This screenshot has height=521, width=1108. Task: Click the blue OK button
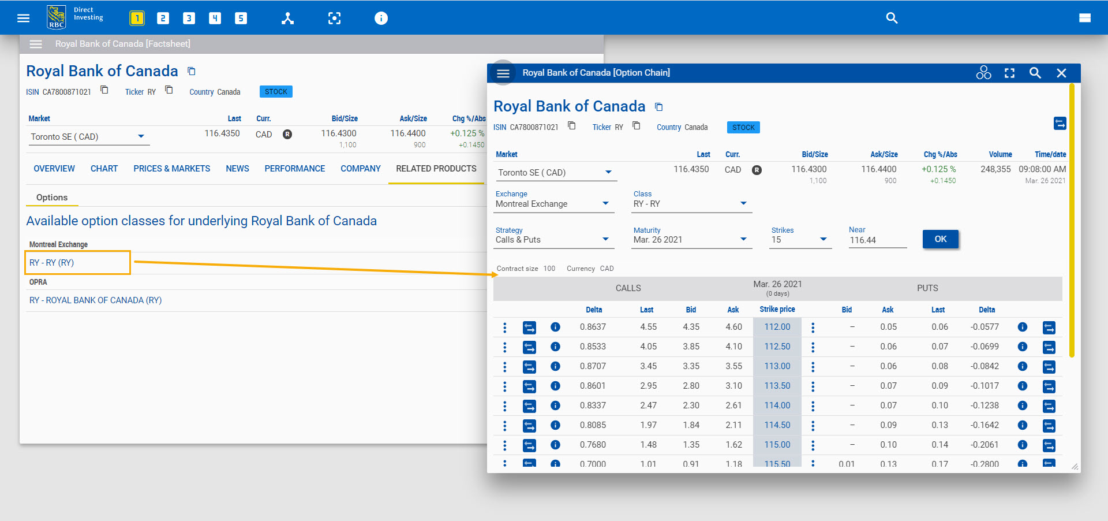pos(940,239)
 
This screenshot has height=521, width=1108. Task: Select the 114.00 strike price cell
pos(777,405)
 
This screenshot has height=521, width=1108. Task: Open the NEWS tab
pos(237,169)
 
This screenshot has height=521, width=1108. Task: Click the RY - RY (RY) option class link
pos(52,263)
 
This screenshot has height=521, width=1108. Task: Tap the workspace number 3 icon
pos(189,18)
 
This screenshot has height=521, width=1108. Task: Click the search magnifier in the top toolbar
pos(892,18)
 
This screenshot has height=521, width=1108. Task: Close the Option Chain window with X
pos(1061,73)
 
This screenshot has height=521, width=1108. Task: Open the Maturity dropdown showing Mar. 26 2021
pos(691,240)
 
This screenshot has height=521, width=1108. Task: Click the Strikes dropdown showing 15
pos(800,240)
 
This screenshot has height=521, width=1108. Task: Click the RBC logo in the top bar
pos(57,17)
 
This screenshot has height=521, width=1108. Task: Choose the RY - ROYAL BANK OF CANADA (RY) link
pos(95,300)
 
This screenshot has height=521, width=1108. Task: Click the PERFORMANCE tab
pos(294,169)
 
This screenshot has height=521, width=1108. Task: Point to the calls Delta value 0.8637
pos(593,327)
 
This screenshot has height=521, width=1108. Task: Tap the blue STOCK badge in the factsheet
pos(276,92)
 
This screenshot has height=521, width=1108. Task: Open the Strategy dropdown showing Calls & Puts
pos(553,240)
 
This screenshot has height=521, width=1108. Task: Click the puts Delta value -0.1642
pos(985,425)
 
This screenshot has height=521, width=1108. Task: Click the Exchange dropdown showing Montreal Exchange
pos(553,204)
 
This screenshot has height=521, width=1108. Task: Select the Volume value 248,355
pos(995,169)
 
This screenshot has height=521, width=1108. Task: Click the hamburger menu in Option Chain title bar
pos(503,73)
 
